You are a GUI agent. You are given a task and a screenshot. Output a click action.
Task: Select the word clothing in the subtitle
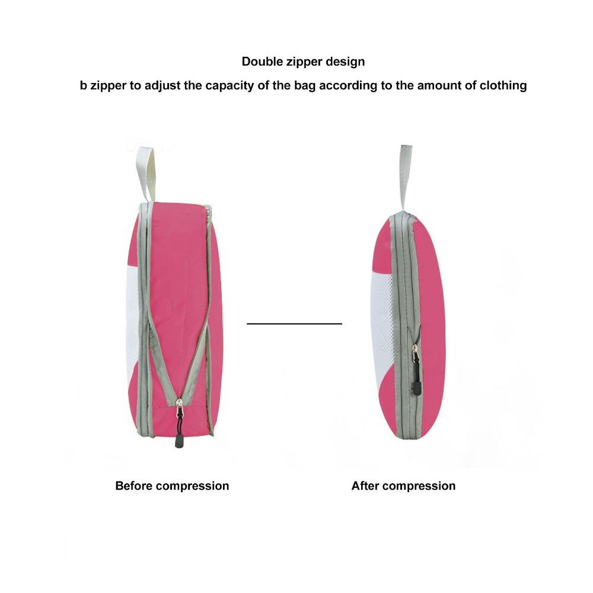503,85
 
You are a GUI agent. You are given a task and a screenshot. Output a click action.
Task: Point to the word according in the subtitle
348,86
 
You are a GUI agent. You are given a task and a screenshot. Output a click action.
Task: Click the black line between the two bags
294,323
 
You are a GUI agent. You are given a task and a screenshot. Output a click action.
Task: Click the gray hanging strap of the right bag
405,178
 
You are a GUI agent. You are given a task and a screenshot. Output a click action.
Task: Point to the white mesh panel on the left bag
133,321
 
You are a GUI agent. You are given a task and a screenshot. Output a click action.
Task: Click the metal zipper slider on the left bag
180,404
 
